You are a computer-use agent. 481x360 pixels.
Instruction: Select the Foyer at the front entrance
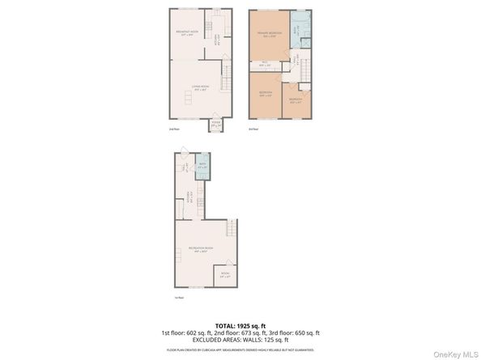point(215,125)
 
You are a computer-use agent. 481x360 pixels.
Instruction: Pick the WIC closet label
point(266,64)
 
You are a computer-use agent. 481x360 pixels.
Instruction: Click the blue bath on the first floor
point(202,166)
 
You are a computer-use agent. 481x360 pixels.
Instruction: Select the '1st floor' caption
point(178,297)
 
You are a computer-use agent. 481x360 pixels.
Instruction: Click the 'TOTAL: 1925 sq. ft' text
point(240,324)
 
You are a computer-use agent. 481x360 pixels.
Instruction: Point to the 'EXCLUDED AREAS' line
point(240,340)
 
